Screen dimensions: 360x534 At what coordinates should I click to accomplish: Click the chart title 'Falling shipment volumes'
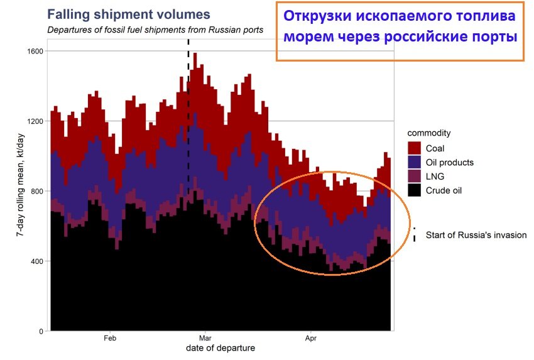click(128, 14)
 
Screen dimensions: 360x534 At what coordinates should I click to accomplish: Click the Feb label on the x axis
click(109, 337)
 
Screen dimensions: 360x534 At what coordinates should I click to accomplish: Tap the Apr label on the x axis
click(310, 337)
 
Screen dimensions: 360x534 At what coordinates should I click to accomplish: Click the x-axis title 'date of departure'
click(221, 347)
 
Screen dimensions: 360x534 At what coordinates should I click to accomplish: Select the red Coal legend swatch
click(415, 148)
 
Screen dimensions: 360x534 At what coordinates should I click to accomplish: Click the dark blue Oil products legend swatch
click(415, 162)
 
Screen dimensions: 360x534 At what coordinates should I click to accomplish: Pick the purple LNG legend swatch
click(415, 176)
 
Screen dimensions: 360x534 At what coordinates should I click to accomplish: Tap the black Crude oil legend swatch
click(415, 190)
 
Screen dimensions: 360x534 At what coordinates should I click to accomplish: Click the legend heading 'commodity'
click(428, 133)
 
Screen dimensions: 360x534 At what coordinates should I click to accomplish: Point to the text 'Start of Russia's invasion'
click(476, 236)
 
